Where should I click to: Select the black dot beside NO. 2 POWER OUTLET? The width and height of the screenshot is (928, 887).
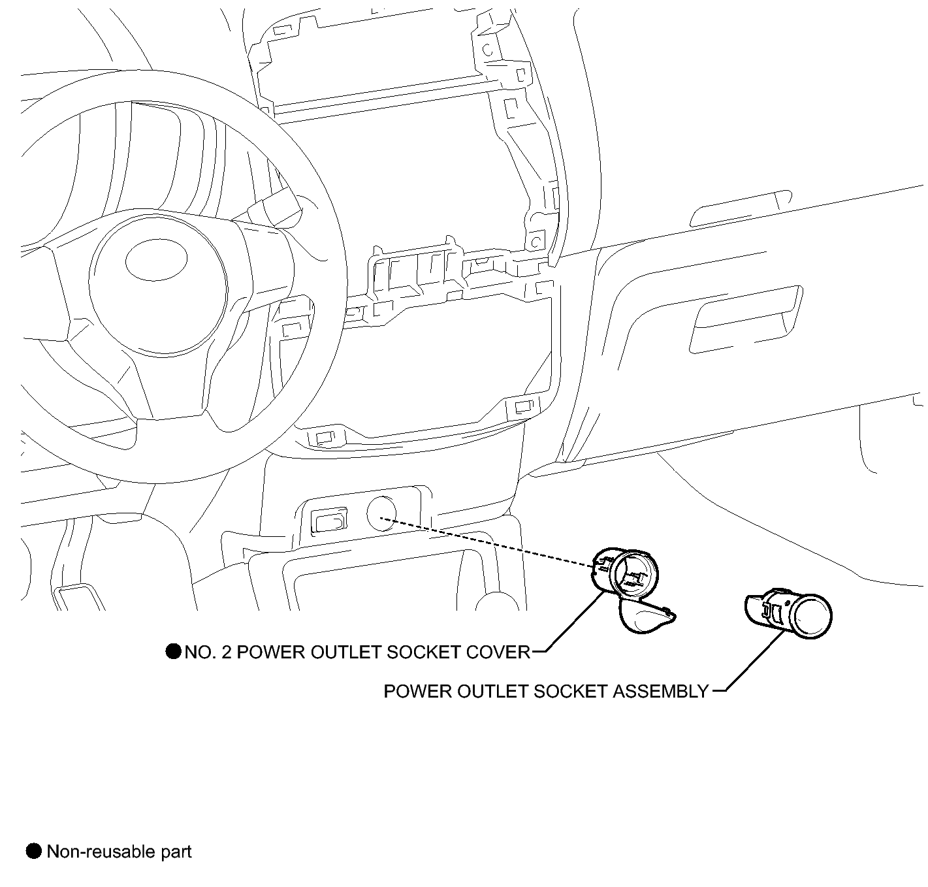point(173,651)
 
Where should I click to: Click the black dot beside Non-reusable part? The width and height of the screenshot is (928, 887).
point(33,851)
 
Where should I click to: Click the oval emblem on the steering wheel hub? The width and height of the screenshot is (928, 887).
point(157,259)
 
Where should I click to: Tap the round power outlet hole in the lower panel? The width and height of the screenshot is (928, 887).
point(381,513)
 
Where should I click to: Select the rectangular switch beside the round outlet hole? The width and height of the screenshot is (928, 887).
point(329,519)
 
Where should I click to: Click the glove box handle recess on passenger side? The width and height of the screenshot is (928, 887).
point(746,319)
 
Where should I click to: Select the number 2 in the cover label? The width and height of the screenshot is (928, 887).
point(227,652)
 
